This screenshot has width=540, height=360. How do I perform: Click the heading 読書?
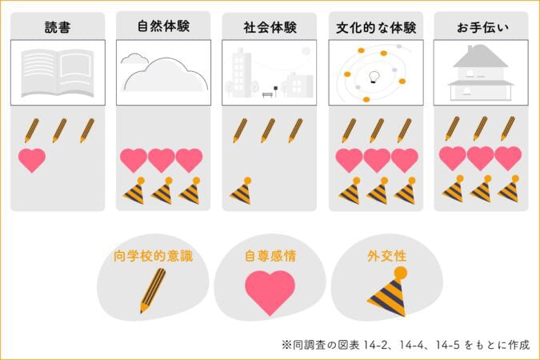tap(58, 27)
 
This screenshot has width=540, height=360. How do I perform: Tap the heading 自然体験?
tap(163, 26)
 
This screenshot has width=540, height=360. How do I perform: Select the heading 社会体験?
tap(270, 27)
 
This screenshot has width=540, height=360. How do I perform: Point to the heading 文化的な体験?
tap(376, 27)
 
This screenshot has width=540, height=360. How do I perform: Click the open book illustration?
tap(58, 73)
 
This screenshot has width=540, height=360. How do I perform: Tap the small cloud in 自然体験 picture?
tap(134, 58)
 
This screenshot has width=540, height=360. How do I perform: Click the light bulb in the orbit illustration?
tap(374, 77)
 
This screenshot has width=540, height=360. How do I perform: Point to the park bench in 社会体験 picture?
tap(267, 94)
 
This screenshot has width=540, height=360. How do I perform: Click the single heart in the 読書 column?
tap(32, 160)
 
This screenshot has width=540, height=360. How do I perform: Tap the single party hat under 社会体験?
tap(242, 190)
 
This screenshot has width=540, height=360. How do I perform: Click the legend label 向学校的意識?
tap(153, 256)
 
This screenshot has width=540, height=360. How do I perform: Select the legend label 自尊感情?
tap(270, 256)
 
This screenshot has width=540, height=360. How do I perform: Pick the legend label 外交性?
tap(386, 256)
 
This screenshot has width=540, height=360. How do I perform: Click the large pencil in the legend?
tap(153, 290)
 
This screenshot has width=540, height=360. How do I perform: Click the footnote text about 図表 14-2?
tap(406, 345)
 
